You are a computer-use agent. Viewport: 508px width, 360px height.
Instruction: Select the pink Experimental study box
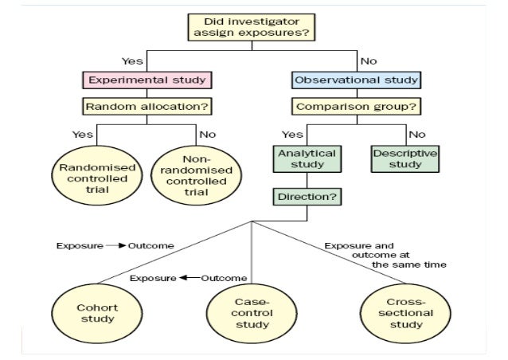click(x=146, y=80)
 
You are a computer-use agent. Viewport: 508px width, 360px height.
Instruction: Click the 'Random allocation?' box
click(x=146, y=105)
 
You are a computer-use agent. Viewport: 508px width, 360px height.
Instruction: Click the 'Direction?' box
click(x=307, y=195)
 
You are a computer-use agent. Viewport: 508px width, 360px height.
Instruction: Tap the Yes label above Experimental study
click(x=132, y=61)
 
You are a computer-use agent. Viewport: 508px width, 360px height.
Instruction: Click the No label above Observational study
click(x=368, y=61)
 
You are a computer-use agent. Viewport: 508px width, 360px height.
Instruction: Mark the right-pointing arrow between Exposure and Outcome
click(x=116, y=246)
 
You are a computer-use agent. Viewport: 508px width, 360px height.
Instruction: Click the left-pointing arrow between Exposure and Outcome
click(x=189, y=278)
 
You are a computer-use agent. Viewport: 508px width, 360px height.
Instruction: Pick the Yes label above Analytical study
click(x=292, y=134)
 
